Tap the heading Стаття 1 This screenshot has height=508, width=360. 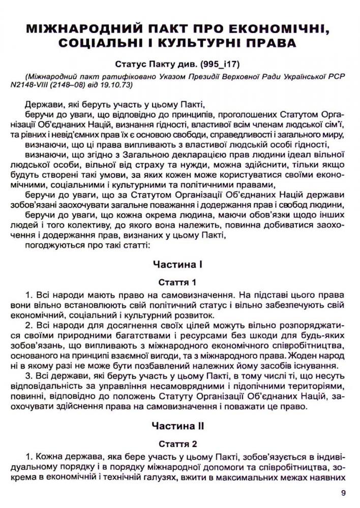177,282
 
